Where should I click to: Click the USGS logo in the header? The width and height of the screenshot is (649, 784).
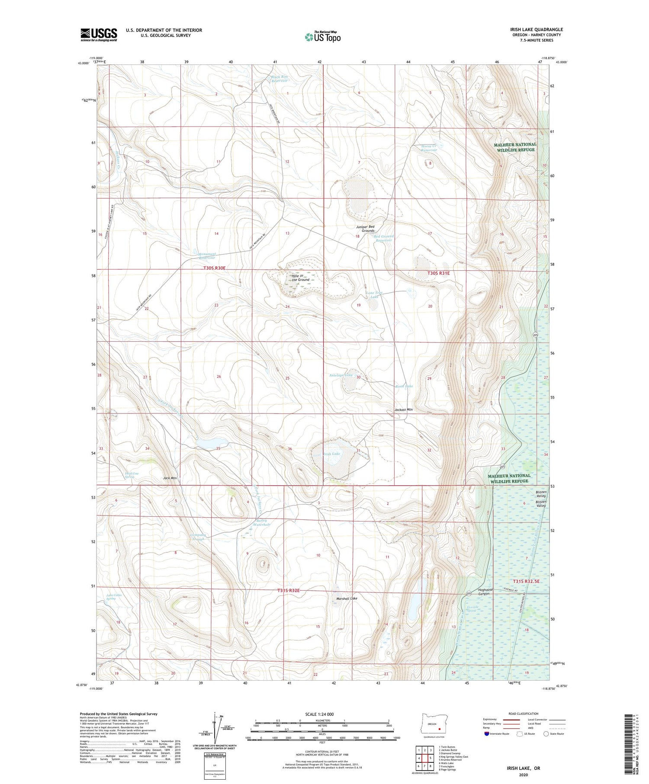click(x=98, y=35)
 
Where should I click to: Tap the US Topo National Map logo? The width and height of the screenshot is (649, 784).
click(x=322, y=37)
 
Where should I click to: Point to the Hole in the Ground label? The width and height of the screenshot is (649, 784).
click(x=300, y=278)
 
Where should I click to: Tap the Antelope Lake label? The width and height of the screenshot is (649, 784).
click(x=341, y=375)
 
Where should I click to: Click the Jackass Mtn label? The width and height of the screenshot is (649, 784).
click(x=403, y=410)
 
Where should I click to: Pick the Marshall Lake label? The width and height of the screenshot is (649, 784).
click(x=347, y=598)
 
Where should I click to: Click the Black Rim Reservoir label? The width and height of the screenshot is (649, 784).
click(x=279, y=79)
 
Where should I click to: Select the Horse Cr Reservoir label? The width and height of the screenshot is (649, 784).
click(x=429, y=147)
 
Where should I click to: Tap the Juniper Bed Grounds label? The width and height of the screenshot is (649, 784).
click(x=365, y=228)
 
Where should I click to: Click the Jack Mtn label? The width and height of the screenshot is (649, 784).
click(x=170, y=478)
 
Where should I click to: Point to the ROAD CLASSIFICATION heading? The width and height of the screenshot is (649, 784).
click(x=524, y=714)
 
